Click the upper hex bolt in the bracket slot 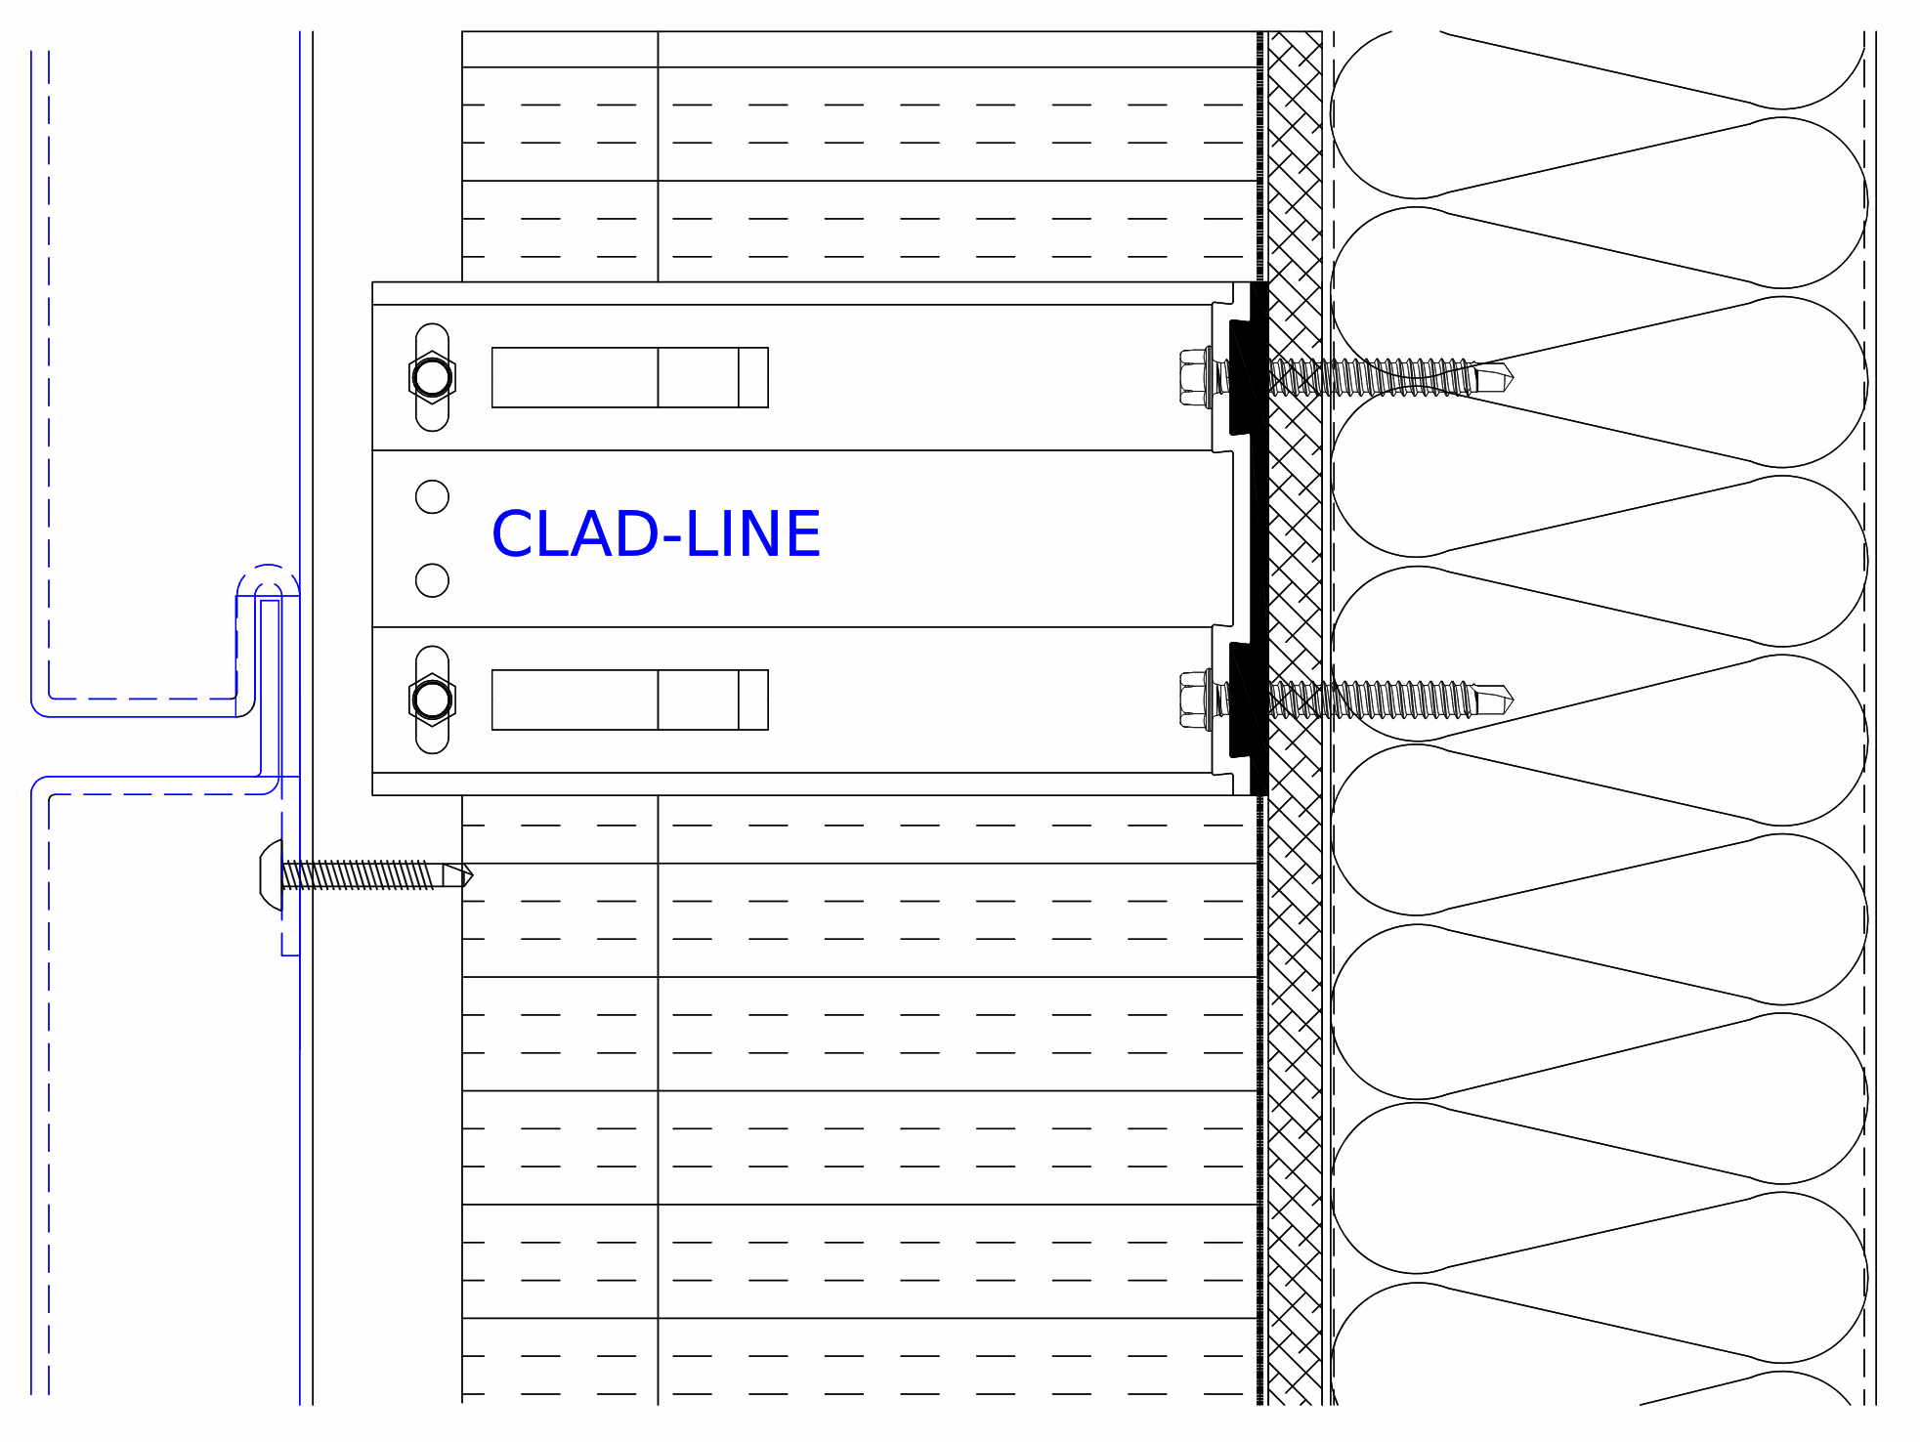coord(432,377)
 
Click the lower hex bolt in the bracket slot coord(432,700)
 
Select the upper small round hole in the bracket coord(432,496)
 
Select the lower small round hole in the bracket coord(432,580)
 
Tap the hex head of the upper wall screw coord(1194,377)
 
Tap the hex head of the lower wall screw coord(1194,700)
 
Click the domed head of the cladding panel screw coord(271,874)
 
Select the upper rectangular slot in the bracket coord(630,377)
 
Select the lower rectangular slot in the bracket coord(630,700)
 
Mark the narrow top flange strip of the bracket coord(801,293)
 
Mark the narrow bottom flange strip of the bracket coord(801,784)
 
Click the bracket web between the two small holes coord(432,538)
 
